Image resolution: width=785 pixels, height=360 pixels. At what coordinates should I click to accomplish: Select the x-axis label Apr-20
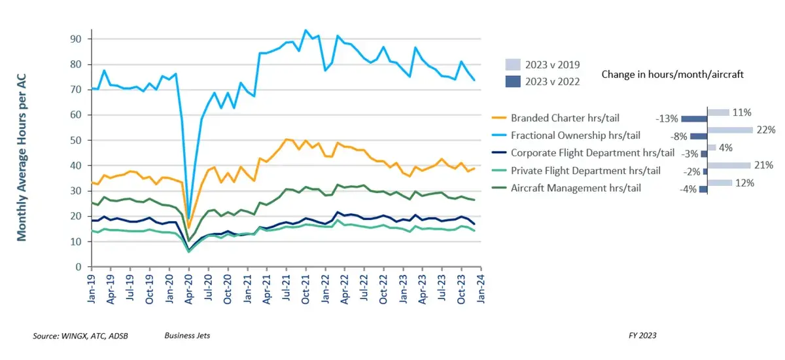coord(189,287)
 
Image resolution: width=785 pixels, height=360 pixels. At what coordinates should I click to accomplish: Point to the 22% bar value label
coord(765,130)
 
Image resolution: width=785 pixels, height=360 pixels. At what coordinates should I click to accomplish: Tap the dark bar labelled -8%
coord(699,136)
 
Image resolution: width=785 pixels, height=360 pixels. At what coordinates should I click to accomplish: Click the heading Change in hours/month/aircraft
coord(672,75)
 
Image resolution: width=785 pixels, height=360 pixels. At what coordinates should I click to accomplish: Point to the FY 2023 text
coord(641,336)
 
